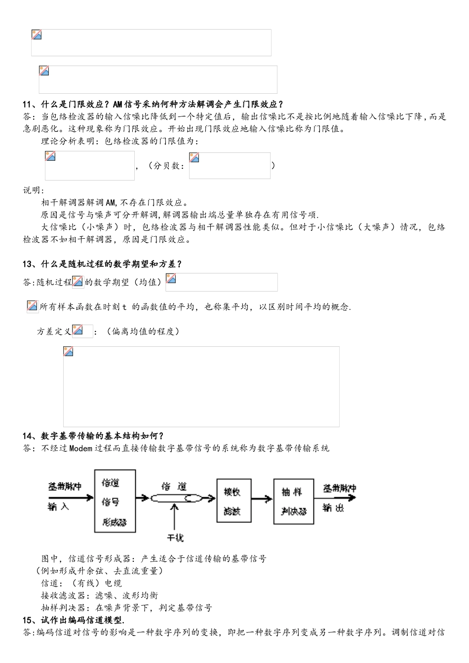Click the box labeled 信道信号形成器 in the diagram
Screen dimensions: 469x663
point(114,502)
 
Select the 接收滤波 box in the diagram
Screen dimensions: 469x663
point(231,501)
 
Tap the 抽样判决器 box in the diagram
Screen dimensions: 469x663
point(294,501)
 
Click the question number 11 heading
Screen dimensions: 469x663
point(28,104)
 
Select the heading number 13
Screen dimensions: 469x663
point(28,264)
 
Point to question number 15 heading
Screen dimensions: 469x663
point(28,620)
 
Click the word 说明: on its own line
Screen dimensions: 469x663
point(34,190)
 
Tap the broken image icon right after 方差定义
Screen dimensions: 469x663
point(78,330)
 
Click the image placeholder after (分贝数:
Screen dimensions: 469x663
point(230,166)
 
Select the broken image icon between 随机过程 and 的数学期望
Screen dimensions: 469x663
point(78,282)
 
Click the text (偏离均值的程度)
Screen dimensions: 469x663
point(143,331)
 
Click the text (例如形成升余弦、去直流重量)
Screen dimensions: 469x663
point(99,571)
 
